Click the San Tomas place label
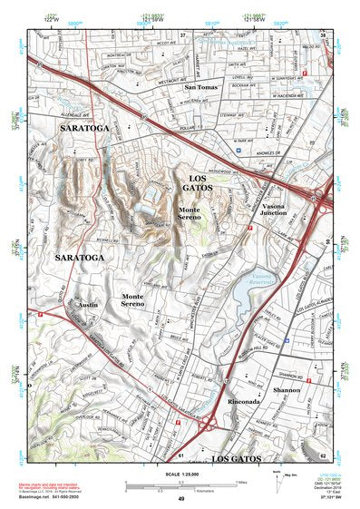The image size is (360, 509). pos(200,87)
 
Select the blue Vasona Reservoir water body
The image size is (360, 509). pos(245,292)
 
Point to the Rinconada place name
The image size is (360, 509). pos(246,403)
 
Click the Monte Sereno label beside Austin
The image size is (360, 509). pos(132,300)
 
